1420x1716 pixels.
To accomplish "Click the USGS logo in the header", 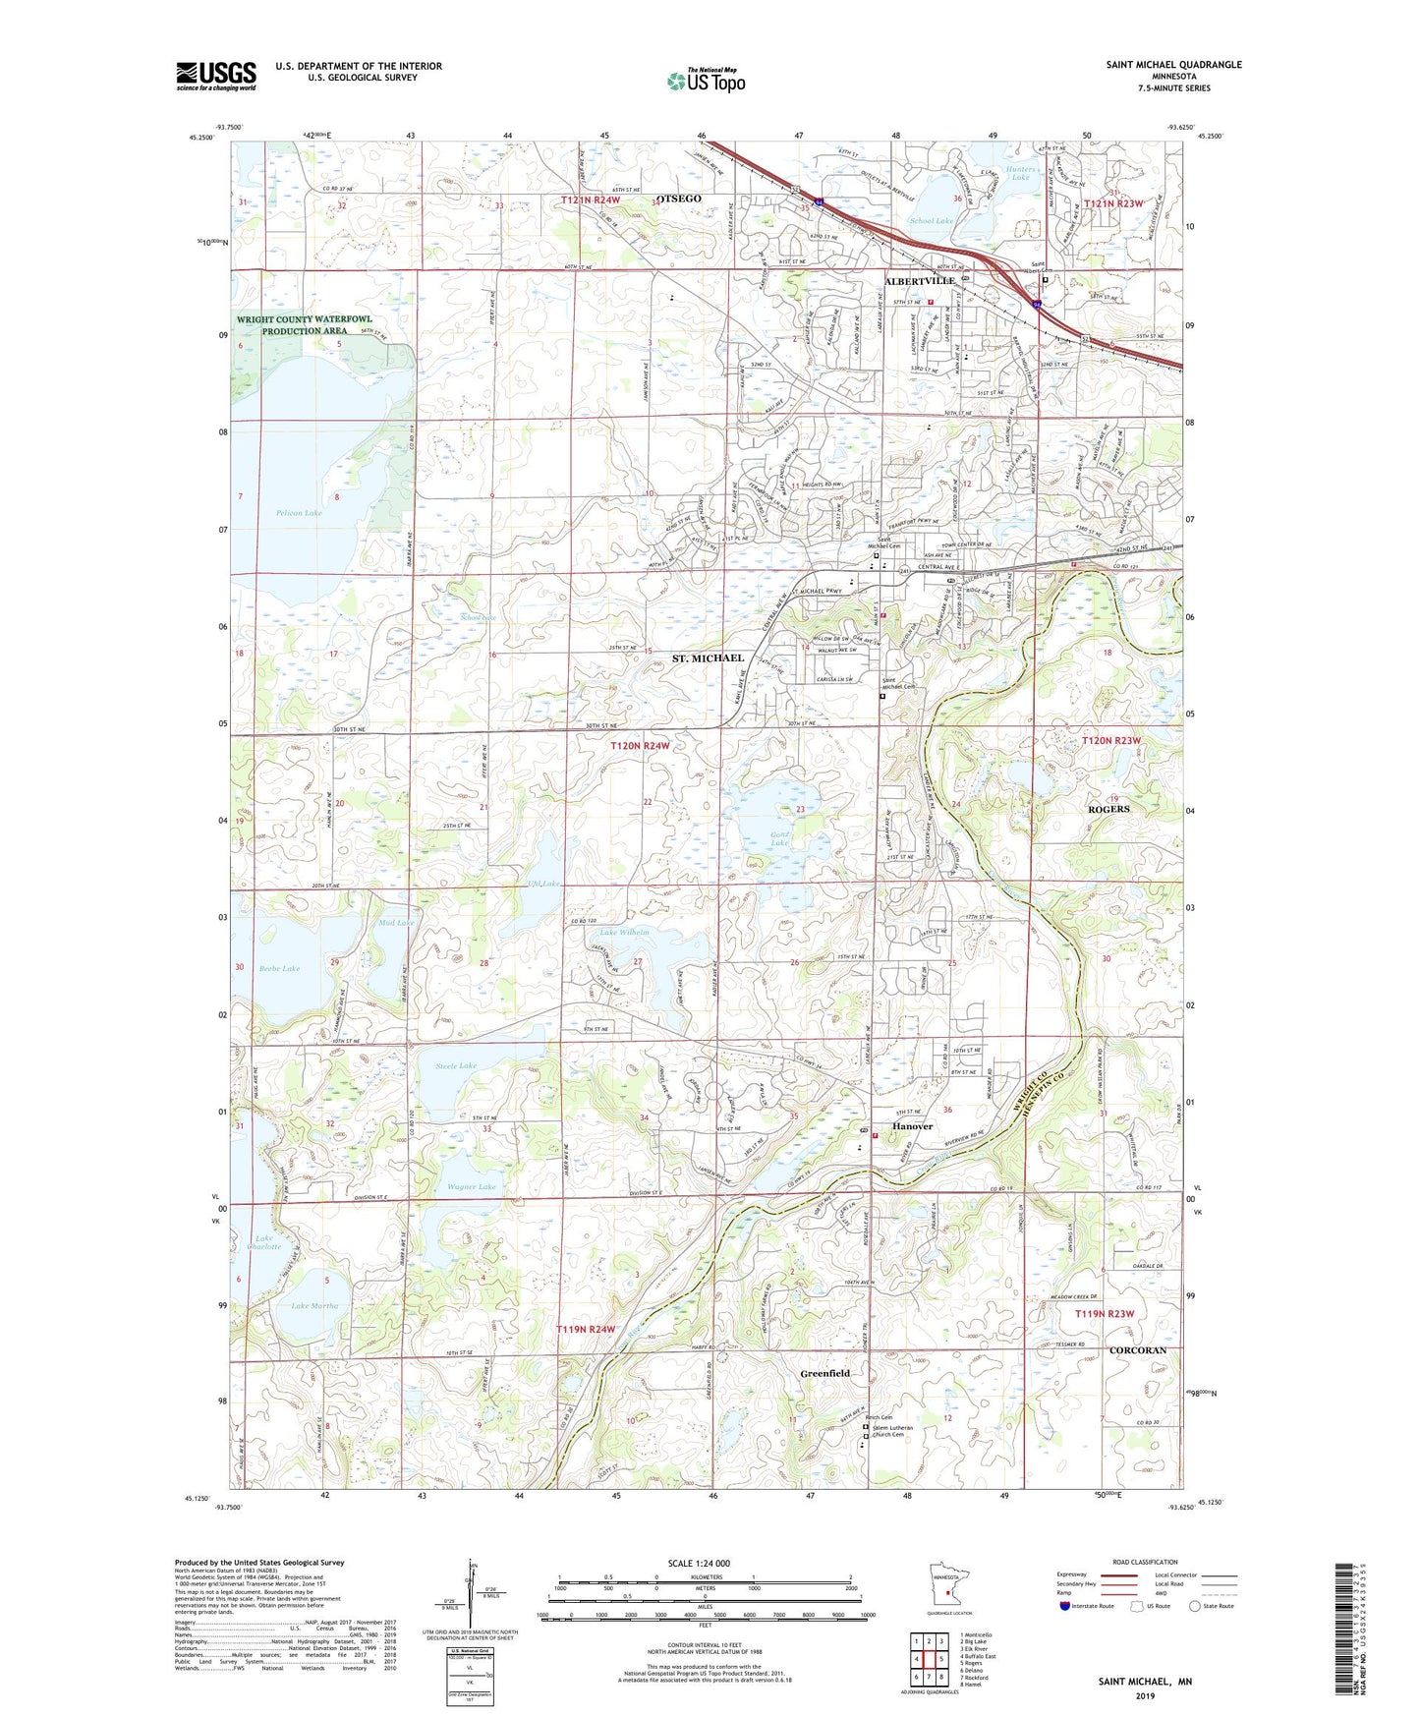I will [216, 76].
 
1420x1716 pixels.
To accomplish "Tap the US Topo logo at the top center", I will [706, 81].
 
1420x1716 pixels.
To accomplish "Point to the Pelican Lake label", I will [299, 513].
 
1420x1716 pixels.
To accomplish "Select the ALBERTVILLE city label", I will [920, 281].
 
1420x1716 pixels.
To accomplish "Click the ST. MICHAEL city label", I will [708, 658].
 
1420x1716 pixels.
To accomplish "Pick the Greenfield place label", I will [824, 1373].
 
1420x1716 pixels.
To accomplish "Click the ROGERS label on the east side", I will [1108, 809].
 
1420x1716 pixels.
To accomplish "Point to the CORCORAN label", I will [1137, 1350].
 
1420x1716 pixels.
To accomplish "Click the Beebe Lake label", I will [279, 969].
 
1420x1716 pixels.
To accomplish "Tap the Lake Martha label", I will [314, 1306].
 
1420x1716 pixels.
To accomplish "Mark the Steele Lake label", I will [456, 1065].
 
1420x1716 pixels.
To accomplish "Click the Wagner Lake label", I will [472, 1186].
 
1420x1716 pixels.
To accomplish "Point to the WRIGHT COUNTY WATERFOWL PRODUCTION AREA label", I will [305, 325].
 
